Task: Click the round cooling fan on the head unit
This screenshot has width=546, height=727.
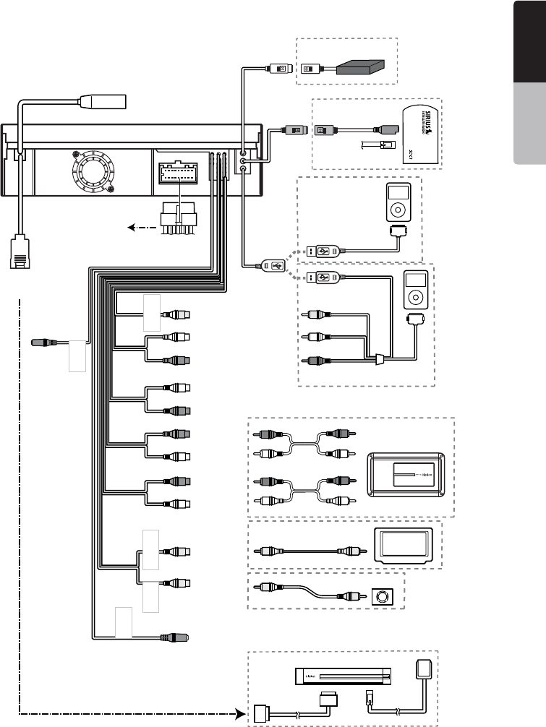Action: [x=92, y=173]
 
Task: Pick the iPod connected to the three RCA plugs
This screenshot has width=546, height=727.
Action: [x=411, y=291]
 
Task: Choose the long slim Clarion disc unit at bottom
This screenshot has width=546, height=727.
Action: [x=343, y=677]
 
